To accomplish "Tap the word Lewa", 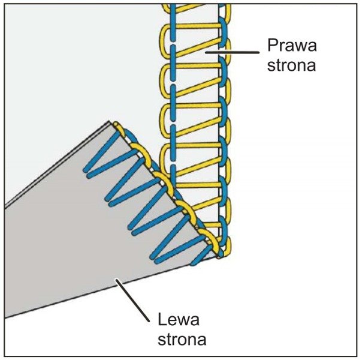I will coord(180,319).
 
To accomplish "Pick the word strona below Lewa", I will coord(182,339).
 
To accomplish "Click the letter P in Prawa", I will coord(270,46).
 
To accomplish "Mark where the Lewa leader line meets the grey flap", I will coord(119,280).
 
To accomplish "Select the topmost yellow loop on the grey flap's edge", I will coord(120,128).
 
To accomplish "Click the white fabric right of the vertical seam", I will coord(288,180).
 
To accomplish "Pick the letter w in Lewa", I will coord(185,319).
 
